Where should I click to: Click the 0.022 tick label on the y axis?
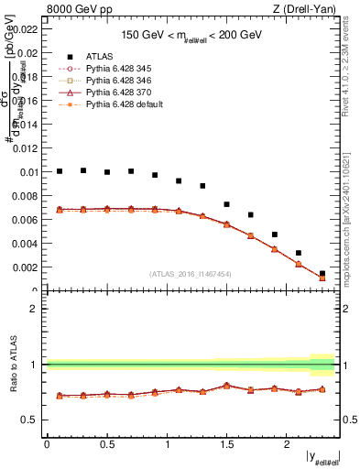(25, 29)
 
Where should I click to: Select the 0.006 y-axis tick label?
(25, 220)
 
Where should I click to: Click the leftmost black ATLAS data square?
(60, 171)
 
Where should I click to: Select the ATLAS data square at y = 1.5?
(226, 204)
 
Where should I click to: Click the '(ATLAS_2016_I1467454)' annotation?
(190, 274)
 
